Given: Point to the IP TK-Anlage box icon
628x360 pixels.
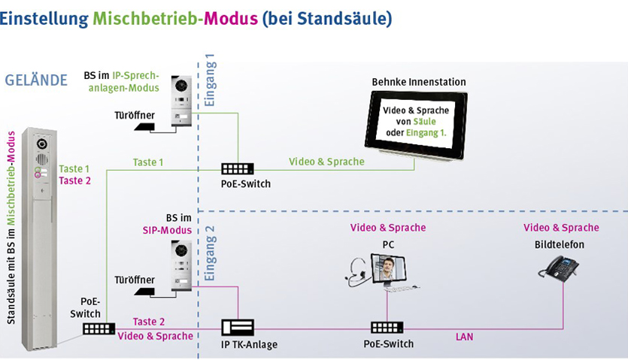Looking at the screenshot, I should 238,328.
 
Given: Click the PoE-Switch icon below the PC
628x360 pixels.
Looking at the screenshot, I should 386,328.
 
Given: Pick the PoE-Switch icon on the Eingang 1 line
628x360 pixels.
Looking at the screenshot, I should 238,170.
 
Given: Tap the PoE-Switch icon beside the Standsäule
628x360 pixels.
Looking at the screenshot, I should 99,328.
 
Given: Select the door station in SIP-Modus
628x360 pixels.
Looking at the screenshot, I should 183,266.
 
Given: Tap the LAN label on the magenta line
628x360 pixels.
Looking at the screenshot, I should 464,337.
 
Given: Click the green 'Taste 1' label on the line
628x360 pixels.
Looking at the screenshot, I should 148,162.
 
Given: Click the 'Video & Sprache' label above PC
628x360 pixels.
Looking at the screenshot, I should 387,227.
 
